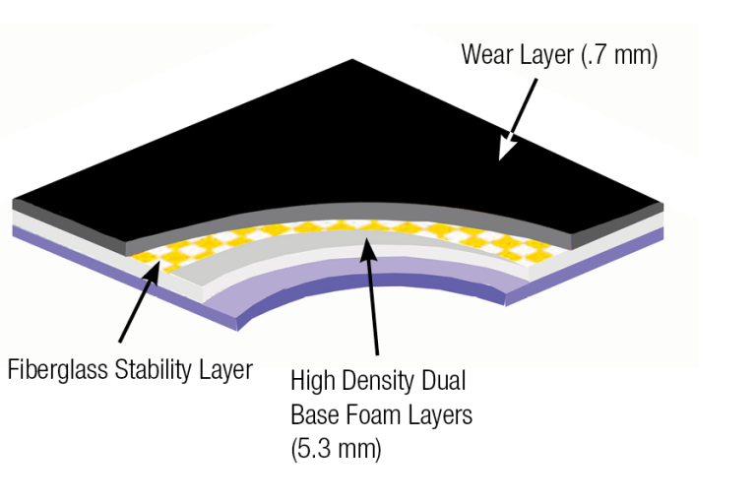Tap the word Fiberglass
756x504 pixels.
coord(58,370)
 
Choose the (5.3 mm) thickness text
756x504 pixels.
coord(336,448)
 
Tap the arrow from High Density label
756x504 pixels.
coord(373,295)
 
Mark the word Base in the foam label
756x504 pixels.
coord(315,414)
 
